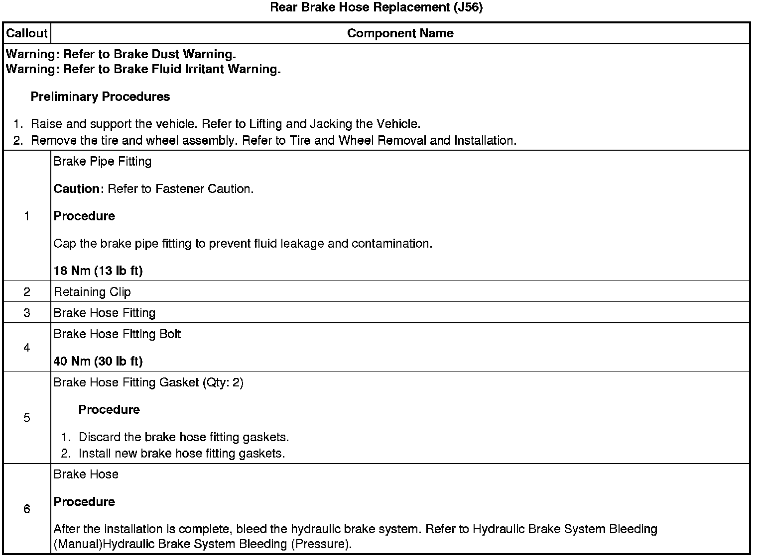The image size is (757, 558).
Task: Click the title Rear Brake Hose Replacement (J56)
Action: pyautogui.click(x=376, y=7)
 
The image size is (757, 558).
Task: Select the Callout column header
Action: pyautogui.click(x=26, y=33)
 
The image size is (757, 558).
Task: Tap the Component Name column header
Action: pyautogui.click(x=400, y=33)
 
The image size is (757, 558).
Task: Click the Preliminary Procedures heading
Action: pyautogui.click(x=100, y=96)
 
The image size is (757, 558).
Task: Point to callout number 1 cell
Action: pyautogui.click(x=26, y=216)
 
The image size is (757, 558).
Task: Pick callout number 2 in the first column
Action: pyautogui.click(x=26, y=292)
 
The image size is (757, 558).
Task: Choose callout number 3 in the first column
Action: pyautogui.click(x=26, y=313)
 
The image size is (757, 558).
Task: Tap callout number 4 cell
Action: pyautogui.click(x=26, y=348)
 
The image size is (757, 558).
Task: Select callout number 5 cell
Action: pyautogui.click(x=26, y=418)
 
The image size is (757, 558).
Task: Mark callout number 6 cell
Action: pyautogui.click(x=26, y=509)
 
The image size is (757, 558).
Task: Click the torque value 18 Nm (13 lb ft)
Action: pyautogui.click(x=98, y=271)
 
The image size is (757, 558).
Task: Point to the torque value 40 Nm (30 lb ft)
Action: pyautogui.click(x=98, y=361)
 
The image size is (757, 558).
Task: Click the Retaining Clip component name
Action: pyautogui.click(x=92, y=292)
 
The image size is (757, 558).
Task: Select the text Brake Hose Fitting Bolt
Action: pyautogui.click(x=117, y=334)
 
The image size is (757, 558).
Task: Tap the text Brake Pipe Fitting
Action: pyautogui.click(x=102, y=161)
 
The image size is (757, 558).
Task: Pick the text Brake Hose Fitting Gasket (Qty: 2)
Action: pyautogui.click(x=148, y=382)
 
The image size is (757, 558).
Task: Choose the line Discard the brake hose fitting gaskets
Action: pyautogui.click(x=184, y=437)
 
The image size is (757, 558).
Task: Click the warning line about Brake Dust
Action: pyautogui.click(x=121, y=54)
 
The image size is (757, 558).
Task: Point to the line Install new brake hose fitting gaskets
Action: pyautogui.click(x=182, y=454)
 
